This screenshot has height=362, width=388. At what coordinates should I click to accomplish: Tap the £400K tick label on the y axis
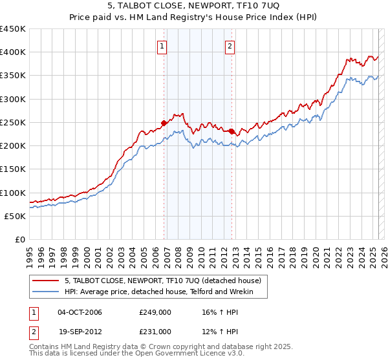pyautogui.click(x=13, y=52)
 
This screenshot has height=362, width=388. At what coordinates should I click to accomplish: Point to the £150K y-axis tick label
pyautogui.click(x=13, y=169)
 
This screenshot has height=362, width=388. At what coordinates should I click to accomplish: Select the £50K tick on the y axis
pyautogui.click(x=16, y=216)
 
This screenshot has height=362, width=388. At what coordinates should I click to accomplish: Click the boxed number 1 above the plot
pyautogui.click(x=162, y=45)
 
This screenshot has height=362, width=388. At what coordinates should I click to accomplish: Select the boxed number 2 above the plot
pyautogui.click(x=230, y=45)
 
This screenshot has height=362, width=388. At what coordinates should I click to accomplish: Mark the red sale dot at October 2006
pyautogui.click(x=164, y=122)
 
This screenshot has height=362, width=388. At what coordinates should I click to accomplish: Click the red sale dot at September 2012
pyautogui.click(x=232, y=131)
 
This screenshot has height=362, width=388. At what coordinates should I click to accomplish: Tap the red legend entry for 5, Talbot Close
pyautogui.click(x=162, y=281)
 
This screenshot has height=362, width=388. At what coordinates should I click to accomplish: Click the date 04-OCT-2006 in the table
pyautogui.click(x=80, y=312)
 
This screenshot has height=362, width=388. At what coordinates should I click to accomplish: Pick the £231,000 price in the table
pyautogui.click(x=155, y=332)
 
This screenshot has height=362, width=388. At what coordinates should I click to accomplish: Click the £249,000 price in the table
pyautogui.click(x=155, y=312)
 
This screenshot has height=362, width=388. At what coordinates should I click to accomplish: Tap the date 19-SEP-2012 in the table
pyautogui.click(x=80, y=332)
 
